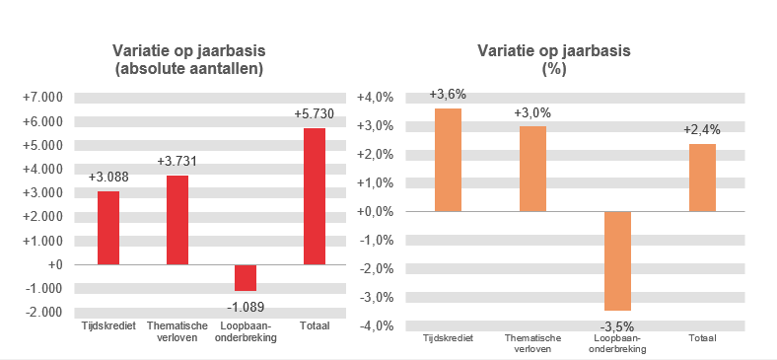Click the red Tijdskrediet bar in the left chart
coord(108,227)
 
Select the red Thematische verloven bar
coord(177,219)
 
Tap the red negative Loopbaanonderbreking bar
coord(246,277)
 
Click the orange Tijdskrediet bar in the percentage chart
coord(448,159)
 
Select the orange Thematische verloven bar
coord(532,168)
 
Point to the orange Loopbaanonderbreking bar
coord(617,260)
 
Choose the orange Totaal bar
coord(702,177)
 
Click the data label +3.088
coord(108,178)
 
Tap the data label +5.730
coord(315,114)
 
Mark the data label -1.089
coord(245,306)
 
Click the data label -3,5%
coord(617,326)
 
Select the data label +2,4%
coord(702,129)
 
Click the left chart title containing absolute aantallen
coord(189,60)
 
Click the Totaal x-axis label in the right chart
coord(702,338)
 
